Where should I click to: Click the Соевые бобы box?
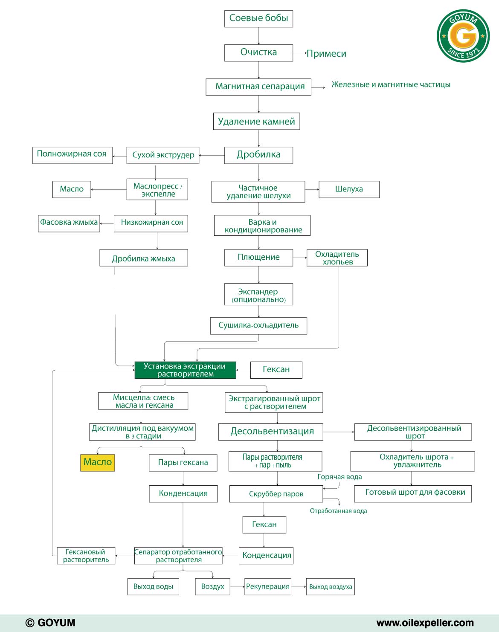coord(258,19)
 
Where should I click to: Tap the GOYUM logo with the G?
coord(463,36)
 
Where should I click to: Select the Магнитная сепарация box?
coord(258,87)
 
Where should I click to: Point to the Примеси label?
coord(326,53)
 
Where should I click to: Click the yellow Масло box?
coord(98,463)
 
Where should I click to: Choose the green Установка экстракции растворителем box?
coord(186,370)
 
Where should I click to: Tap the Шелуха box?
coord(349,189)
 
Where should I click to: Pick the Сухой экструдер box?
coord(163,155)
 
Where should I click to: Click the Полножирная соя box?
coord(72,155)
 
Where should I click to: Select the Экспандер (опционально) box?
coord(258,294)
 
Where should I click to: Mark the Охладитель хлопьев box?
coord(337,258)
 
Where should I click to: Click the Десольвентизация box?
coord(270,432)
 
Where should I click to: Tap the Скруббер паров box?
coord(276,494)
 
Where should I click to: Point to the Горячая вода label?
coord(339,477)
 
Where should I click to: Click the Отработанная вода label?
coord(338,511)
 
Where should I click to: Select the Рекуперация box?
coord(268,586)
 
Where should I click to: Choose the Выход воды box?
coord(153,586)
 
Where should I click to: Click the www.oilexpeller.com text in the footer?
coord(425,623)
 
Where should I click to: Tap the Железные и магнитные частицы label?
coord(391,84)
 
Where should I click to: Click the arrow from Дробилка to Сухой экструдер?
coord(212,155)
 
